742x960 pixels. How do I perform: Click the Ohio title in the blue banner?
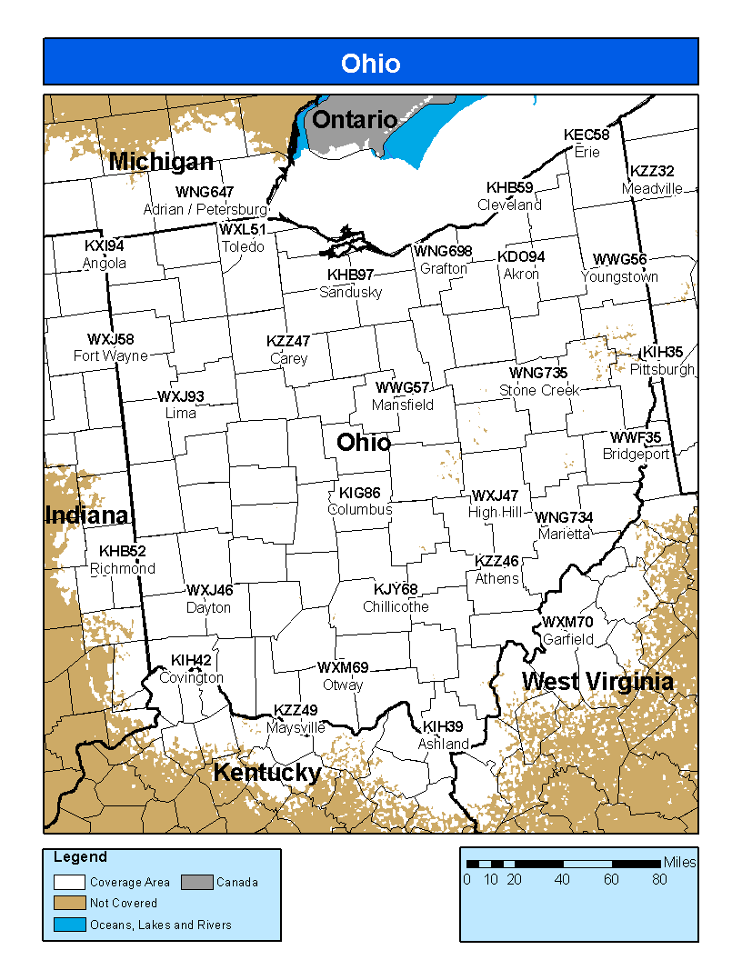pyautogui.click(x=370, y=63)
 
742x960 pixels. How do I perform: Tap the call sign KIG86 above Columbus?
pyautogui.click(x=359, y=493)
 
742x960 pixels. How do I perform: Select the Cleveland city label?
pyautogui.click(x=509, y=205)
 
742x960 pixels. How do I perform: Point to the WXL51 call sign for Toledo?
pyautogui.click(x=243, y=229)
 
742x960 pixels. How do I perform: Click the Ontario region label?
pyautogui.click(x=354, y=119)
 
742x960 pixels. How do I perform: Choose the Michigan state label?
pyautogui.click(x=161, y=162)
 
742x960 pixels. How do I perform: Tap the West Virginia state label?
pyautogui.click(x=597, y=682)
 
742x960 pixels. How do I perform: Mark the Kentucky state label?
pyautogui.click(x=266, y=773)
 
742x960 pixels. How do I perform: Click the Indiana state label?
pyautogui.click(x=87, y=515)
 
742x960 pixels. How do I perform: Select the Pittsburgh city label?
pyautogui.click(x=662, y=369)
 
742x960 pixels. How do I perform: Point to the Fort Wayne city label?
pyautogui.click(x=110, y=355)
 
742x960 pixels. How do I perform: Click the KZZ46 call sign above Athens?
pyautogui.click(x=496, y=561)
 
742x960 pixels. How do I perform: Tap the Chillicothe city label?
pyautogui.click(x=396, y=606)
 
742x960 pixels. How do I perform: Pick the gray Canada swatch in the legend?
pyautogui.click(x=196, y=881)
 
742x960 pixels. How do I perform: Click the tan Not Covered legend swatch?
pyautogui.click(x=69, y=903)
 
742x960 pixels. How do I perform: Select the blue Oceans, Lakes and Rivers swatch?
pyautogui.click(x=69, y=925)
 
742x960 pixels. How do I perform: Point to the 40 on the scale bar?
pyautogui.click(x=562, y=879)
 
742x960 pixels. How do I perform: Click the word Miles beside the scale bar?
pyautogui.click(x=679, y=862)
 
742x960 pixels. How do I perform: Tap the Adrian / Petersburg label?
pyautogui.click(x=205, y=209)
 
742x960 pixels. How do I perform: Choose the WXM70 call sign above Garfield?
pyautogui.click(x=567, y=622)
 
